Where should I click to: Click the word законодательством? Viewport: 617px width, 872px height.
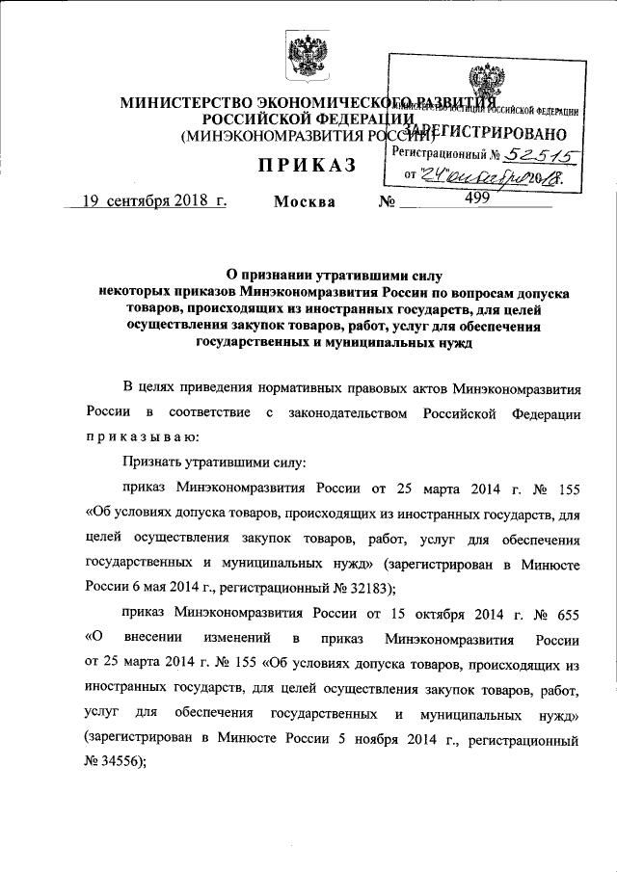[x=342, y=412]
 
